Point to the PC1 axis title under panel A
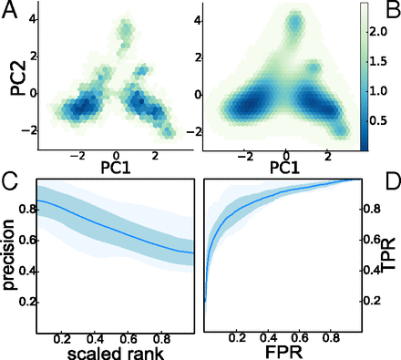pos(116,168)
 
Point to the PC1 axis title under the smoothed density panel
pos(285,168)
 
